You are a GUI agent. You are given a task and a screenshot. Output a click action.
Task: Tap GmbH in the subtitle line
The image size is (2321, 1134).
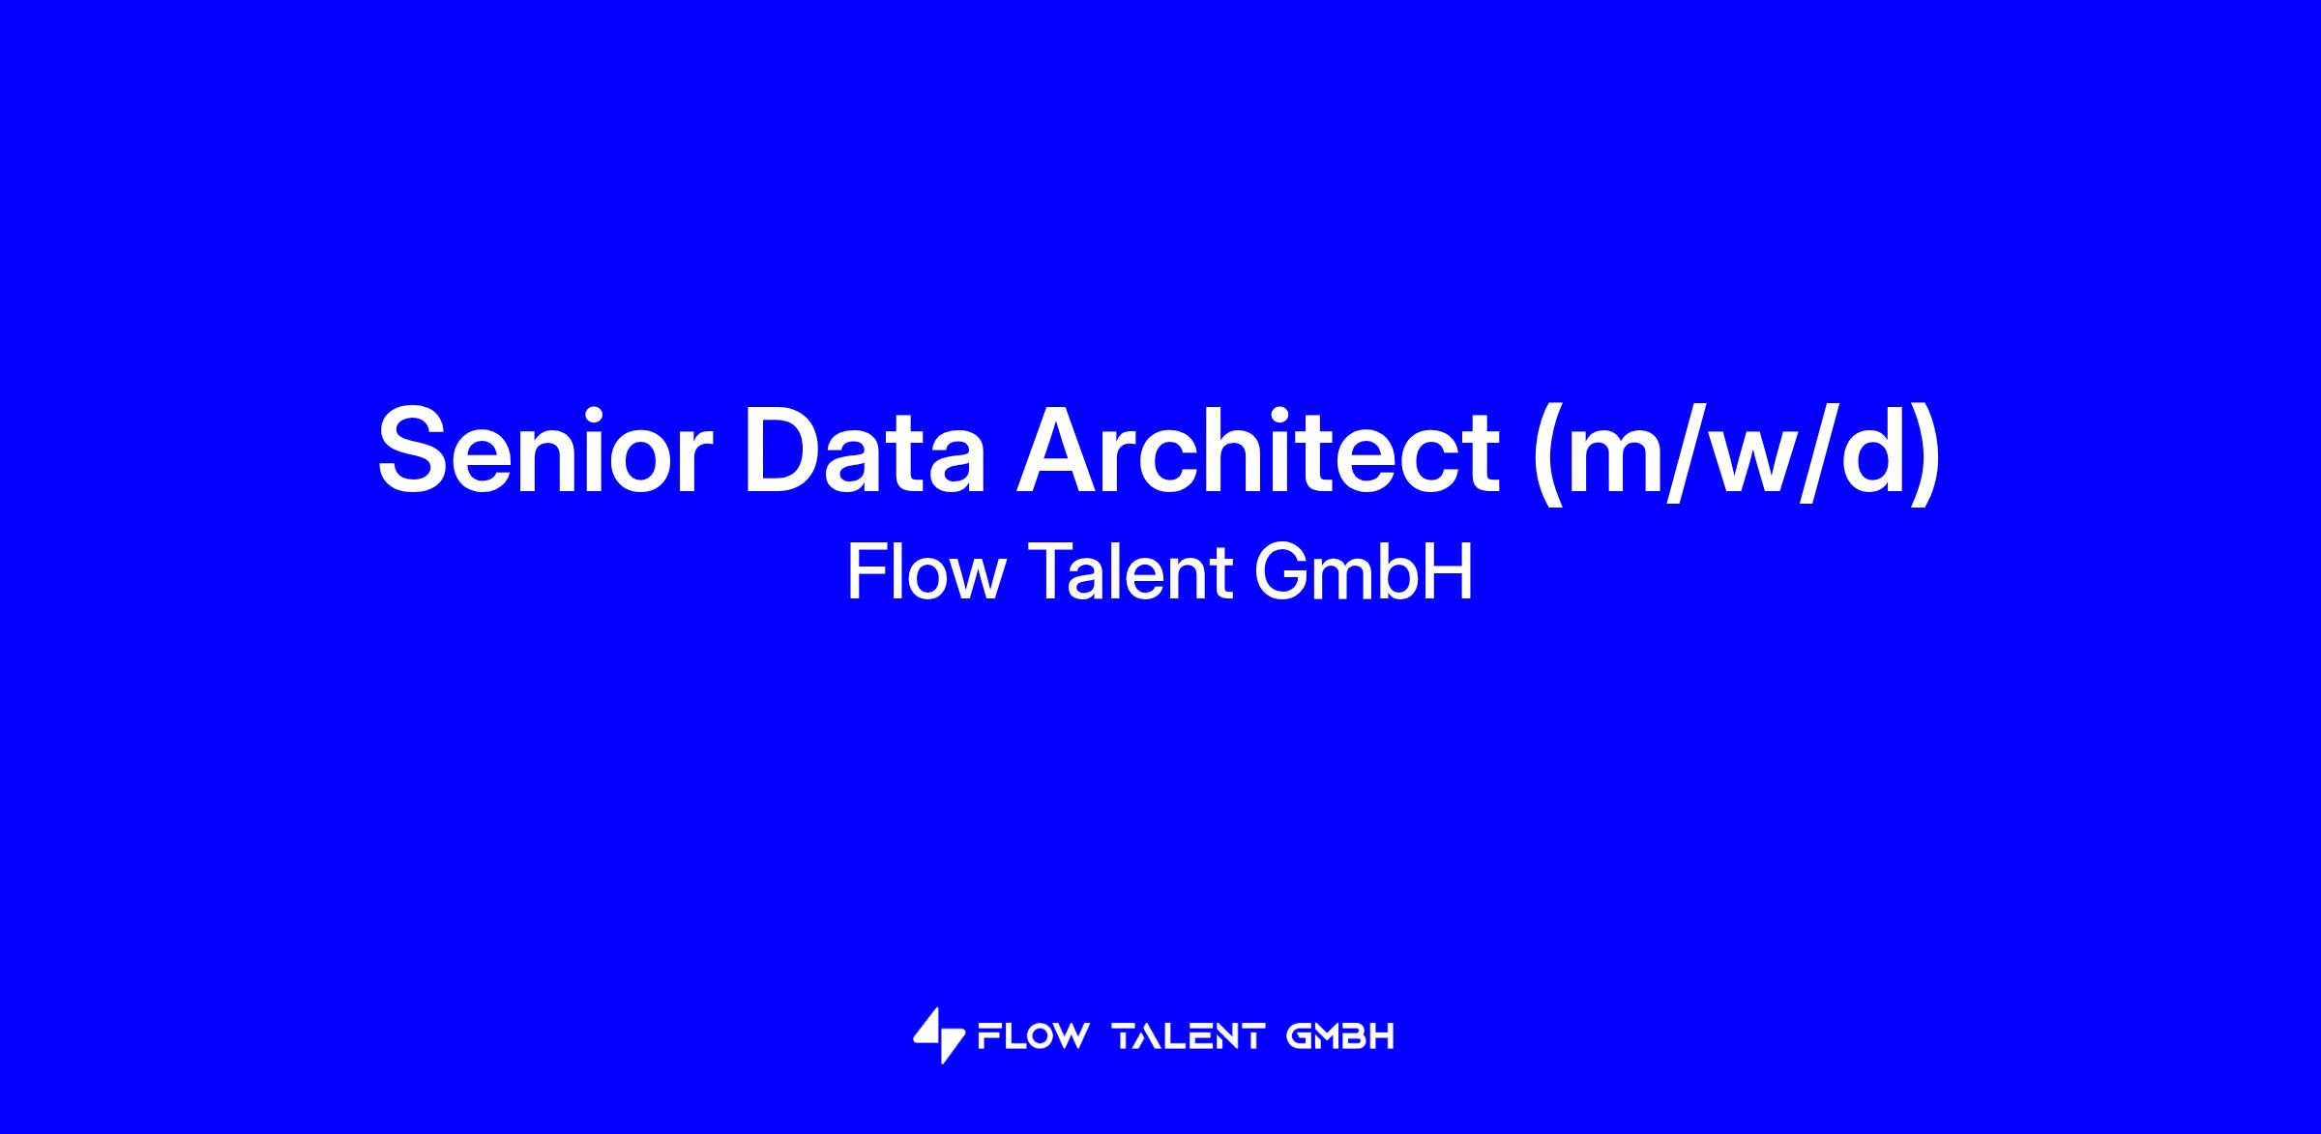pos(1364,572)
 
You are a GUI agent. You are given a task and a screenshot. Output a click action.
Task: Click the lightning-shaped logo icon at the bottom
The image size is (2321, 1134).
pos(938,1036)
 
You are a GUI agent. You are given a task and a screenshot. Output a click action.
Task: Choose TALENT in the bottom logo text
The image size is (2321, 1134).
pos(1190,1037)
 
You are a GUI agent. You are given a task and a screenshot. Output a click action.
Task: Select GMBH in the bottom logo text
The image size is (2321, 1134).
pos(1341,1037)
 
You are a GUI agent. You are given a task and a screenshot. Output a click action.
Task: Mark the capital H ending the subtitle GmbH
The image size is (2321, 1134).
pos(1451,572)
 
